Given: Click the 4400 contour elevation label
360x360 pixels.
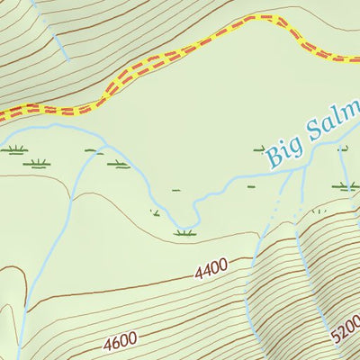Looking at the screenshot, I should [209, 266].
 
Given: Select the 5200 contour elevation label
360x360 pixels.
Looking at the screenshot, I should [346, 329].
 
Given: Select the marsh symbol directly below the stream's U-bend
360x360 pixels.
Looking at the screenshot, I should [185, 233].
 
